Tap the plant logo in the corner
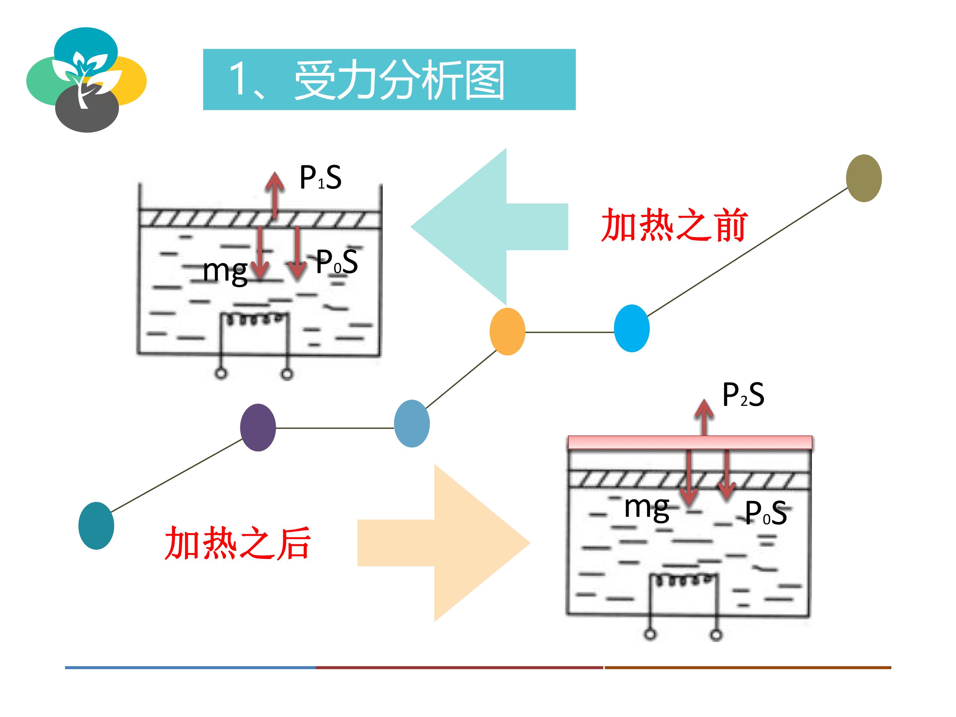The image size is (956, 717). (x=86, y=80)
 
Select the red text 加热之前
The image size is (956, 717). (x=674, y=225)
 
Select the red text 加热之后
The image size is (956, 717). (x=237, y=543)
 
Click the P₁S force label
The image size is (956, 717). (x=320, y=177)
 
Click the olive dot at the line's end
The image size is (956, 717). (x=863, y=178)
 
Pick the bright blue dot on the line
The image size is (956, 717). (x=631, y=329)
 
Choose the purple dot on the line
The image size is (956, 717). (x=258, y=428)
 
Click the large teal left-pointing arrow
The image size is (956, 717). (x=489, y=226)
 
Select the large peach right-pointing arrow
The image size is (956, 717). (x=444, y=543)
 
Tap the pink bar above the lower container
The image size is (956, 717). (x=690, y=442)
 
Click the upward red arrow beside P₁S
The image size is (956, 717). (x=275, y=195)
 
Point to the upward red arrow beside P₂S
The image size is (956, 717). (x=704, y=417)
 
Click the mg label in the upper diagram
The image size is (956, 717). (x=225, y=272)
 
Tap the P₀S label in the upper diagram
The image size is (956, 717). (x=337, y=262)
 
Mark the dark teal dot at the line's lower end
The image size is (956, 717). (x=96, y=525)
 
